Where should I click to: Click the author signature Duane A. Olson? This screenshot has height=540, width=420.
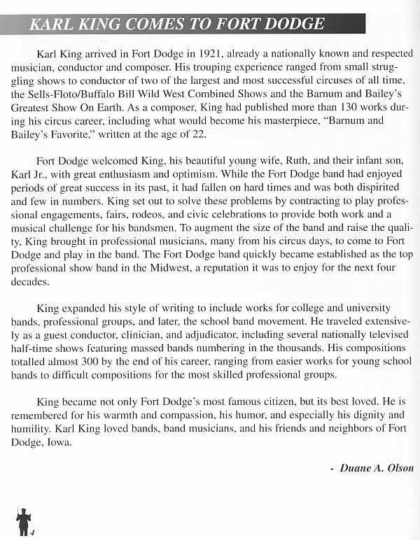(376, 468)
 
